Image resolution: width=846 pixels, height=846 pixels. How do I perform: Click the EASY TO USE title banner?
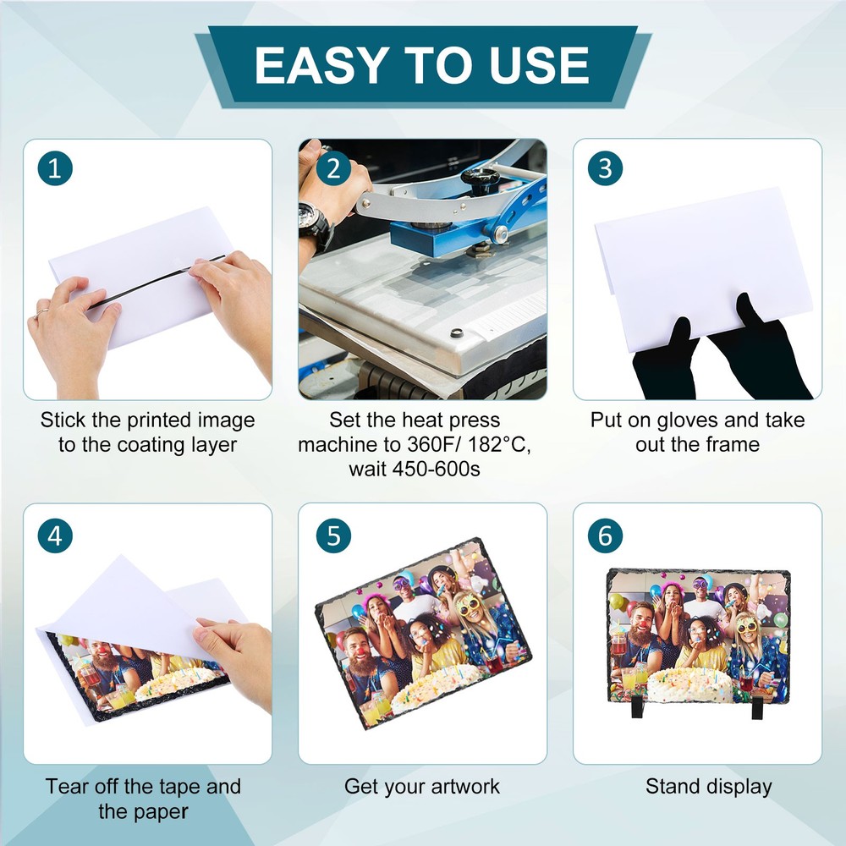(422, 65)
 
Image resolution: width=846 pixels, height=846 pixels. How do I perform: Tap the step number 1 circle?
(55, 168)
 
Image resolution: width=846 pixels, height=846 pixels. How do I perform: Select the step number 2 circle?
(333, 168)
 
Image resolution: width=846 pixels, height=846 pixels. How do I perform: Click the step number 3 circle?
(605, 168)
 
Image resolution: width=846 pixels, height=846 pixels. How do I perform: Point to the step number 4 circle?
(55, 536)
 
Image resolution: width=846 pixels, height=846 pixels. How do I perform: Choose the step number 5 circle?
(333, 536)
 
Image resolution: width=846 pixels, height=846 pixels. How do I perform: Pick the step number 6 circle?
(605, 536)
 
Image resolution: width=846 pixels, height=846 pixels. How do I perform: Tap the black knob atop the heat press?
(480, 179)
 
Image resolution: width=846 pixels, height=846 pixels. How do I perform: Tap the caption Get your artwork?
(422, 786)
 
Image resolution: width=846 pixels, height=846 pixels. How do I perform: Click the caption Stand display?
(709, 786)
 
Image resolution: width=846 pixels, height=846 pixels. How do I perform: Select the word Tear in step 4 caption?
(67, 786)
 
